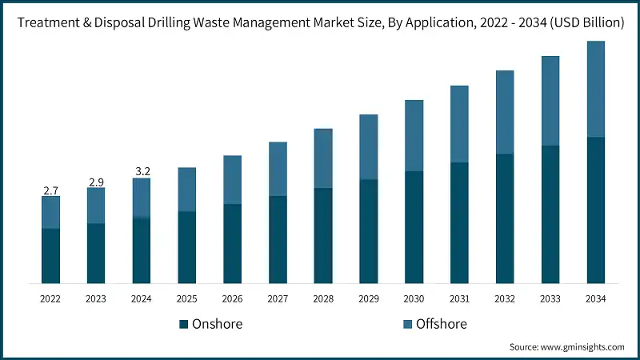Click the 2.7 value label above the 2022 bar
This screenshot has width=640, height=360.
50,190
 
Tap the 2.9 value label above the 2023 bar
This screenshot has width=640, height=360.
96,182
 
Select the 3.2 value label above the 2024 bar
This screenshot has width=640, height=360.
142,172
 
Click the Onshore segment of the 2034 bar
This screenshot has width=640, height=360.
596,210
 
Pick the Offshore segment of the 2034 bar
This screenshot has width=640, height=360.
596,89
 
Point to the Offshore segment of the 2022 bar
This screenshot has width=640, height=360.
50,213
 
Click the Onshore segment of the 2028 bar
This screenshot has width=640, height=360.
323,235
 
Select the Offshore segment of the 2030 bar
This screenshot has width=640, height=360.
414,135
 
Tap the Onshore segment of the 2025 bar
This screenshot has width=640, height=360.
186,246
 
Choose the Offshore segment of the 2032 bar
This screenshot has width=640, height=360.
505,112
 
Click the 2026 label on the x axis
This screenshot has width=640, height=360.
232,298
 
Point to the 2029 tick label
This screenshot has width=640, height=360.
368,298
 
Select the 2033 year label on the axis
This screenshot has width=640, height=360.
550,298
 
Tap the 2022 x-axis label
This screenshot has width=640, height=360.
50,298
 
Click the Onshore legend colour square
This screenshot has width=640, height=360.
184,324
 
